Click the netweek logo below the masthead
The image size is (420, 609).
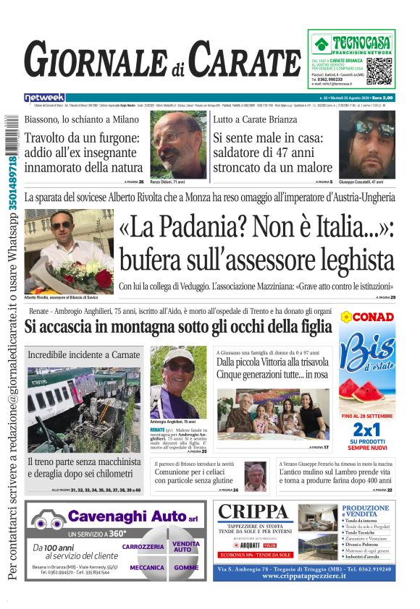coord(44,97)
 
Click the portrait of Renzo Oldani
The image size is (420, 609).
coord(178,144)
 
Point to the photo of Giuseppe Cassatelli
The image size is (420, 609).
coord(366,144)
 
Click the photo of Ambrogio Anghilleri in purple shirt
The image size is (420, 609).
coord(177,381)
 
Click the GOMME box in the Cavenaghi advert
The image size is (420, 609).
coord(186,568)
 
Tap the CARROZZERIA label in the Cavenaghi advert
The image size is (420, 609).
coord(143,547)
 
